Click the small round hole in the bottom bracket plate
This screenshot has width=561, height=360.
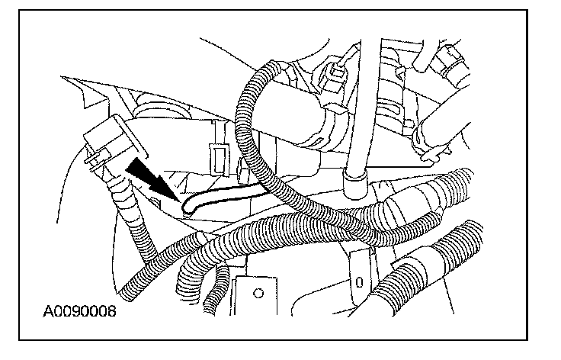coord(258,291)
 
